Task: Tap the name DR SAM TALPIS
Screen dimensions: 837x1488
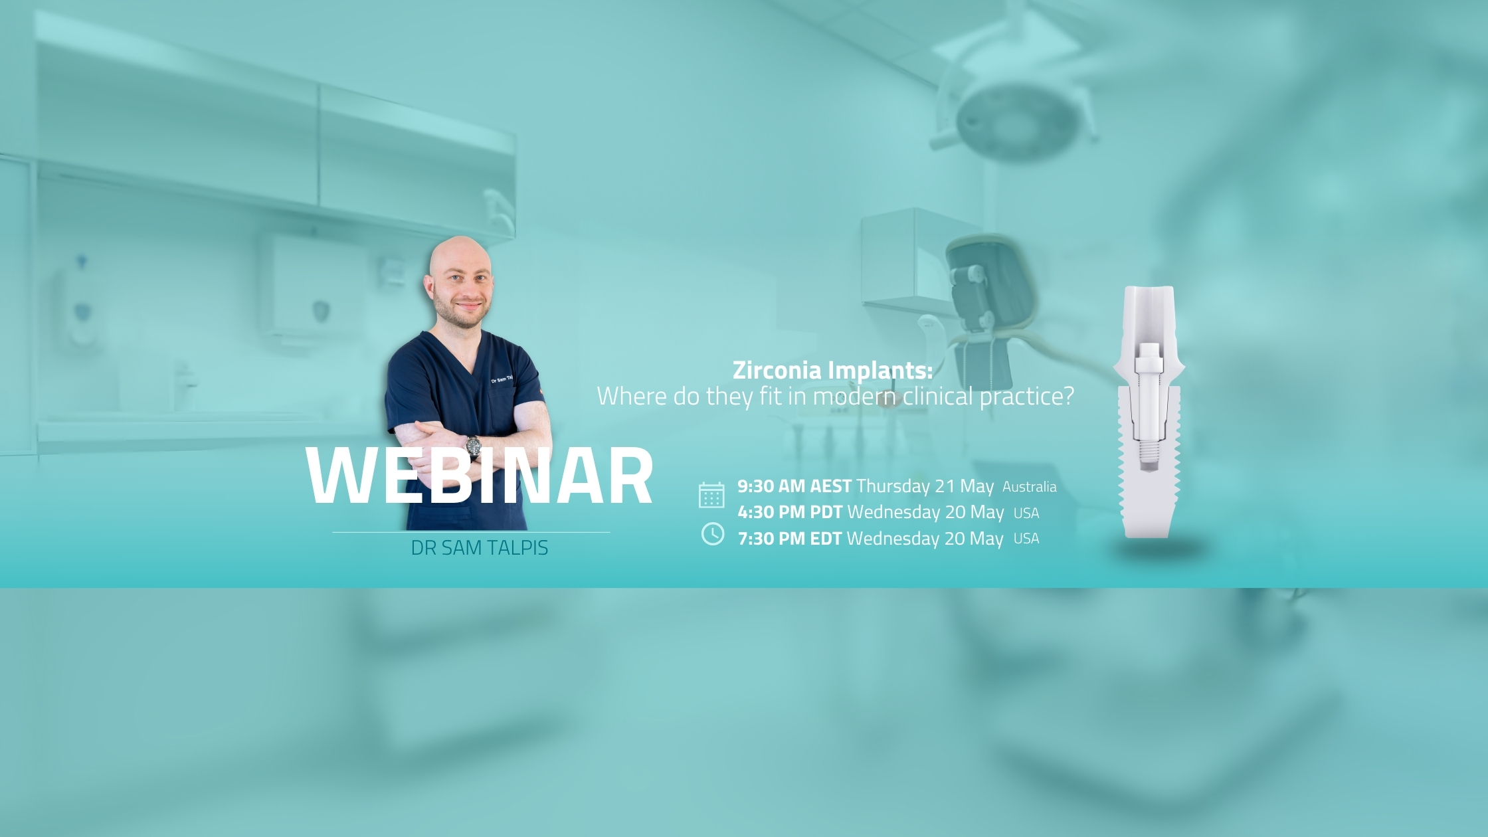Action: (x=480, y=548)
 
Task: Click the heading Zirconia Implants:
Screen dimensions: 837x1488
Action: (x=832, y=370)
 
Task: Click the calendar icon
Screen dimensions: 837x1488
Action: (x=711, y=496)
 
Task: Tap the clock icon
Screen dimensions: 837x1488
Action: (x=713, y=533)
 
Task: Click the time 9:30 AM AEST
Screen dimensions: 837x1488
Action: (x=794, y=486)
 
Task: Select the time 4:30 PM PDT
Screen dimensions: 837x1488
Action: (x=790, y=512)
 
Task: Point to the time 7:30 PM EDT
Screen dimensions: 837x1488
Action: (x=790, y=538)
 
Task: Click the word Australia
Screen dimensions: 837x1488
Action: (x=1029, y=487)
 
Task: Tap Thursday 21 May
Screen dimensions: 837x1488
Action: (x=925, y=486)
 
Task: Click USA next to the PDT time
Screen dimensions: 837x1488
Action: (x=1026, y=513)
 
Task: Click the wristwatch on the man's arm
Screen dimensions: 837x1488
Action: (x=473, y=446)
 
